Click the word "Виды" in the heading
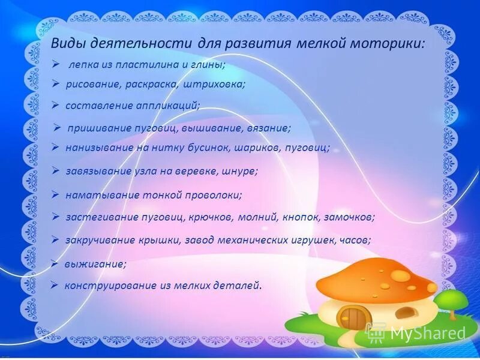pyautogui.click(x=65, y=43)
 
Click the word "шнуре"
pyautogui.click(x=239, y=171)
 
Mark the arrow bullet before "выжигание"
pyautogui.click(x=54, y=263)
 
